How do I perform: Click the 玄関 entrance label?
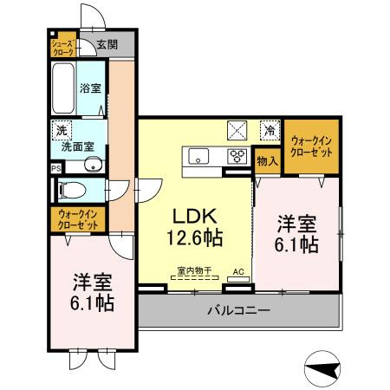107,44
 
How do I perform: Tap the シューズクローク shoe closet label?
62,46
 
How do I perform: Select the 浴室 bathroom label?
91,88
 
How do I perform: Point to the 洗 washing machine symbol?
61,130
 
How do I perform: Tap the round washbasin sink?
96,166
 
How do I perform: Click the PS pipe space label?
56,168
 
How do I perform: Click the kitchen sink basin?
198,157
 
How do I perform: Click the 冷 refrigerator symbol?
270,130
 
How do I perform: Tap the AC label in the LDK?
237,270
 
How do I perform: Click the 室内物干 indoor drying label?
195,270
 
